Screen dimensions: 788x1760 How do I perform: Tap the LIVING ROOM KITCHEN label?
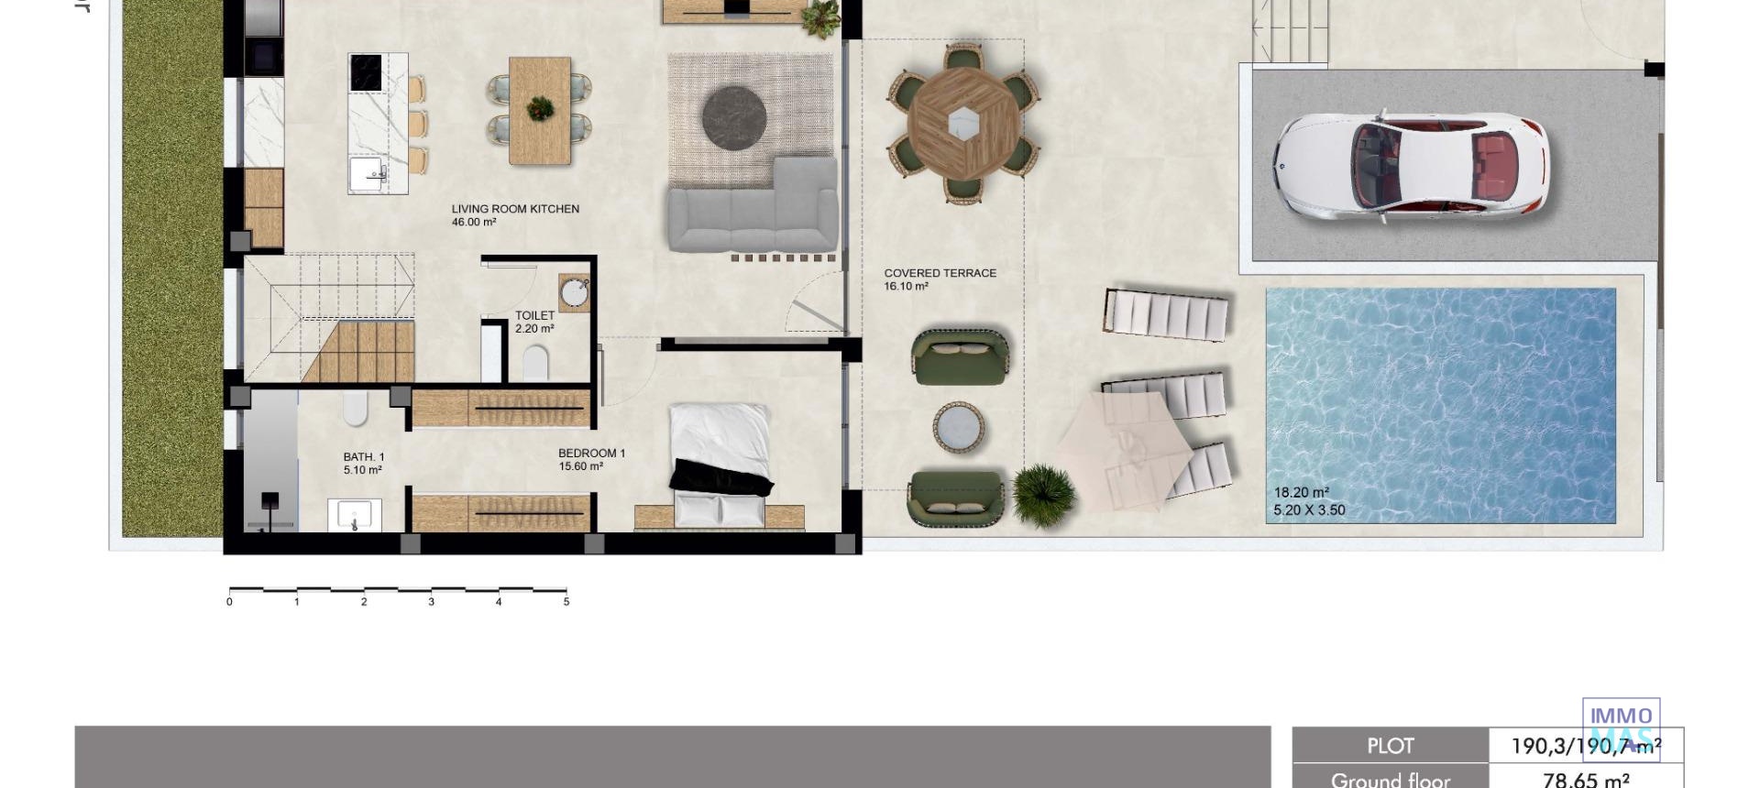pos(515,209)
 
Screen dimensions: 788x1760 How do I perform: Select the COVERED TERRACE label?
pos(940,273)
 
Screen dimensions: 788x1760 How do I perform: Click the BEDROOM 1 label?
pos(591,454)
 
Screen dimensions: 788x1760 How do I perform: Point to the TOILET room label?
pos(534,316)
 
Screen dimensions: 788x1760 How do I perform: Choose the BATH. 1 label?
pos(364,457)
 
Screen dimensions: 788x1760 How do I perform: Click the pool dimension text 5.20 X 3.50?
pos(1309,510)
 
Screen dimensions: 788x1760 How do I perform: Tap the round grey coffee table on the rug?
pos(734,116)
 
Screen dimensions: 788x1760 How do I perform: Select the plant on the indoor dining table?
pos(541,109)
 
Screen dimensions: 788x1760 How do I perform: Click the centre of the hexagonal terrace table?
pos(962,119)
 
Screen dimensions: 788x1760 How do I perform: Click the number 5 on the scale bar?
pos(566,602)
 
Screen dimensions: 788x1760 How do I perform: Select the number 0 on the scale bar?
pos(229,602)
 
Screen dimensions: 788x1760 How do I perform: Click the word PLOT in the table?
pos(1390,747)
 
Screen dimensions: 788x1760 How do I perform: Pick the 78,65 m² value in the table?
pos(1586,780)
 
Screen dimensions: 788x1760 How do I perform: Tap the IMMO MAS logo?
pos(1621,729)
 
